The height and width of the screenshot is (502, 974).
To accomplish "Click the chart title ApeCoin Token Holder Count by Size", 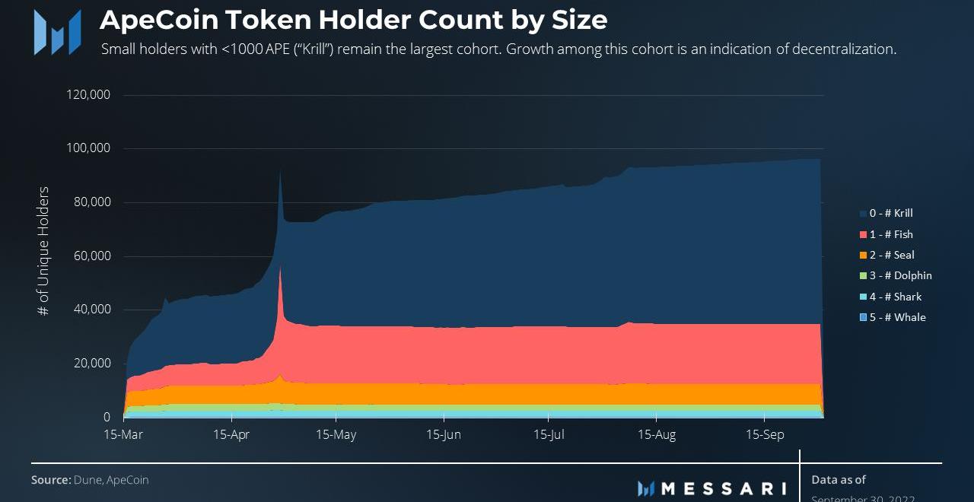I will point(353,21).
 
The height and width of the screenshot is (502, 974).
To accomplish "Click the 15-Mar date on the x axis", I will point(123,435).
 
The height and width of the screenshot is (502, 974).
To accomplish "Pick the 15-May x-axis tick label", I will point(336,435).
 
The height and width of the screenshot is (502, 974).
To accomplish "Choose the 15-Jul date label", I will point(549,435).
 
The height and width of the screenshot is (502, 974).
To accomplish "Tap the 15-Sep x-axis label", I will point(764,435).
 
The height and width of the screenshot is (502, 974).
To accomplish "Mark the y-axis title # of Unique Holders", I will point(43,251).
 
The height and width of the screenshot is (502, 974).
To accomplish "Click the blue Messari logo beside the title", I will point(57,32).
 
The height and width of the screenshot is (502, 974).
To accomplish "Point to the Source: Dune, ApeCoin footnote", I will point(90,480).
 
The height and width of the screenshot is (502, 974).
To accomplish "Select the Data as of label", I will point(839,480).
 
